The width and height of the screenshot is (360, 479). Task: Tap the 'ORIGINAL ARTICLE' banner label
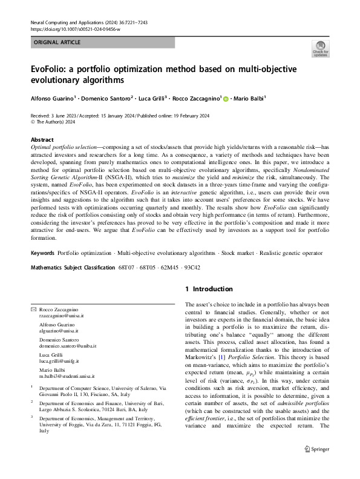(56, 43)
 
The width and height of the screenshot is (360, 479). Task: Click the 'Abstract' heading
(42, 139)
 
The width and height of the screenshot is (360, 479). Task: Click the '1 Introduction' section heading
(209, 289)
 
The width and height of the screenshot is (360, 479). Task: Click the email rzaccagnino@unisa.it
(62, 316)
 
